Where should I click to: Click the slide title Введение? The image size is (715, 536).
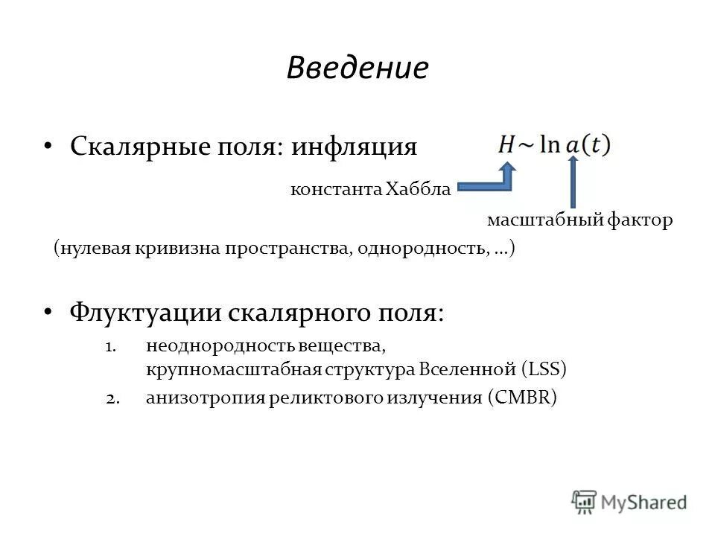(357, 68)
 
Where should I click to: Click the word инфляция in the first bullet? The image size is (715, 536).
(354, 146)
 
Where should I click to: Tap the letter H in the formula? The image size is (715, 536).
(507, 144)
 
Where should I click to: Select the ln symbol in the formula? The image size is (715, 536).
(550, 144)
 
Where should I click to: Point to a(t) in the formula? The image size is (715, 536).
(588, 144)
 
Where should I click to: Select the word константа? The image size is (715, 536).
(334, 190)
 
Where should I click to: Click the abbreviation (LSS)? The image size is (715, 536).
(544, 368)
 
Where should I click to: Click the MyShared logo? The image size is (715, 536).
(629, 501)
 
